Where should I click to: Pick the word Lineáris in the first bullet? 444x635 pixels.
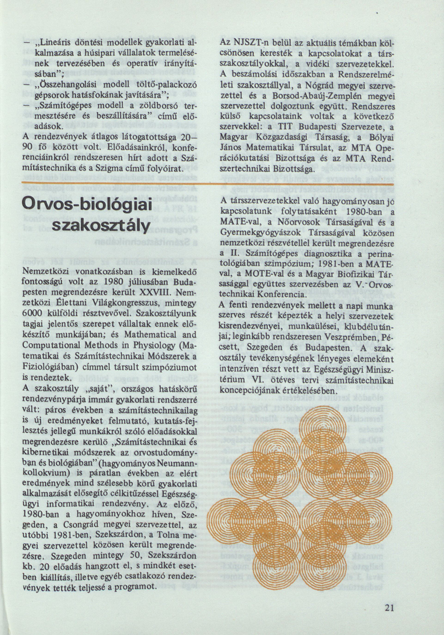[x=50, y=45]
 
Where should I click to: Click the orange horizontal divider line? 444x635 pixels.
[x=207, y=184]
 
